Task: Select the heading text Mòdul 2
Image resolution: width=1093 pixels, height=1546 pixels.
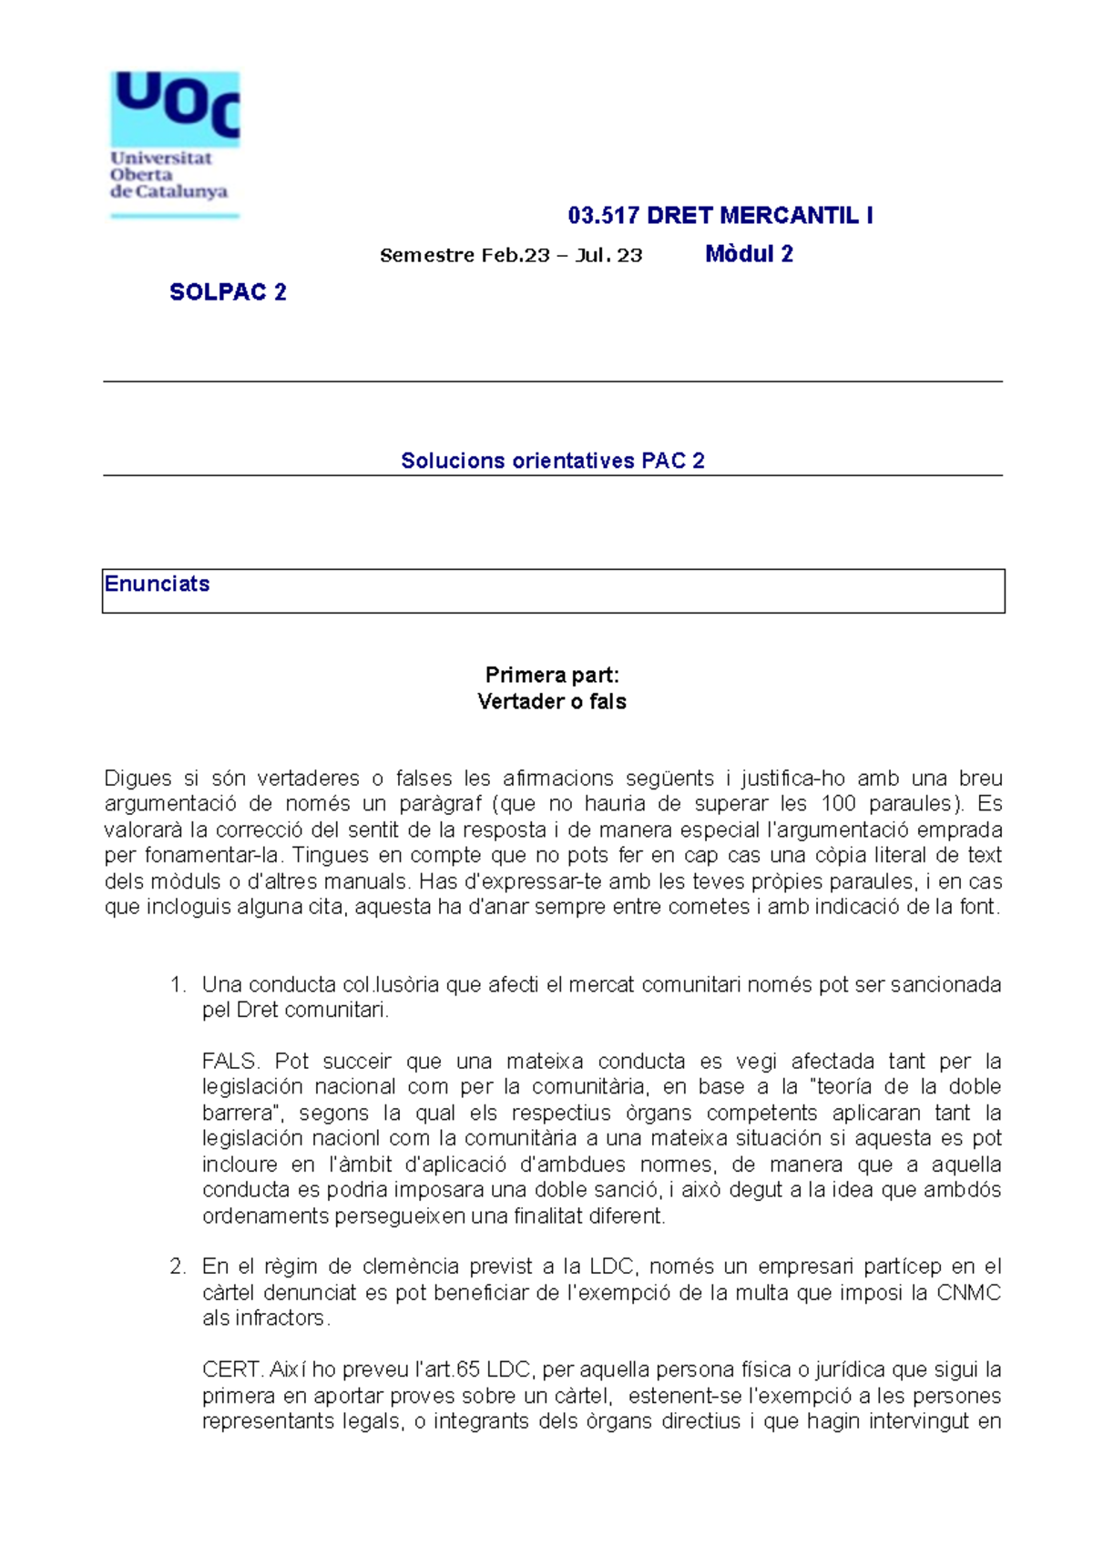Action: pyautogui.click(x=749, y=254)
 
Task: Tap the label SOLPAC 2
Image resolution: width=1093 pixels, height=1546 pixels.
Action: pyautogui.click(x=228, y=292)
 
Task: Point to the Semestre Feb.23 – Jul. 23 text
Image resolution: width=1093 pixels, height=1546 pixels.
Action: pyautogui.click(x=511, y=256)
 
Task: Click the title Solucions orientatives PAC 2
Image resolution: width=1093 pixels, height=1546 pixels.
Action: pyautogui.click(x=552, y=461)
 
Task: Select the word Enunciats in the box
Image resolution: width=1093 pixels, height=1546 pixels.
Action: pyautogui.click(x=157, y=585)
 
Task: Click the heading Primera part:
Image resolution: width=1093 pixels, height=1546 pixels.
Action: pyautogui.click(x=552, y=675)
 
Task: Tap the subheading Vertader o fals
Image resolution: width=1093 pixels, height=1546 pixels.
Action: pyautogui.click(x=552, y=702)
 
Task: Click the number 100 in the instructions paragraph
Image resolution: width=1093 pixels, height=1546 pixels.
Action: pyautogui.click(x=838, y=804)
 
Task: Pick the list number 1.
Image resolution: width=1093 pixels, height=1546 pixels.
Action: pyautogui.click(x=178, y=984)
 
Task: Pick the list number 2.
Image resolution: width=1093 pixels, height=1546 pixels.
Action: pyautogui.click(x=178, y=1266)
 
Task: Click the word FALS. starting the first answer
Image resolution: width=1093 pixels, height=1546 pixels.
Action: pyautogui.click(x=230, y=1062)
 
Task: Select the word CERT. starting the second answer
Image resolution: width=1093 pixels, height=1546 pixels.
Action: pyautogui.click(x=232, y=1369)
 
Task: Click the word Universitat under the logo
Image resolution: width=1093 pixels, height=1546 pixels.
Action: pyautogui.click(x=161, y=158)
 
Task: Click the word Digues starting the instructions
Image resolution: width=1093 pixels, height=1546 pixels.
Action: pyautogui.click(x=138, y=778)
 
